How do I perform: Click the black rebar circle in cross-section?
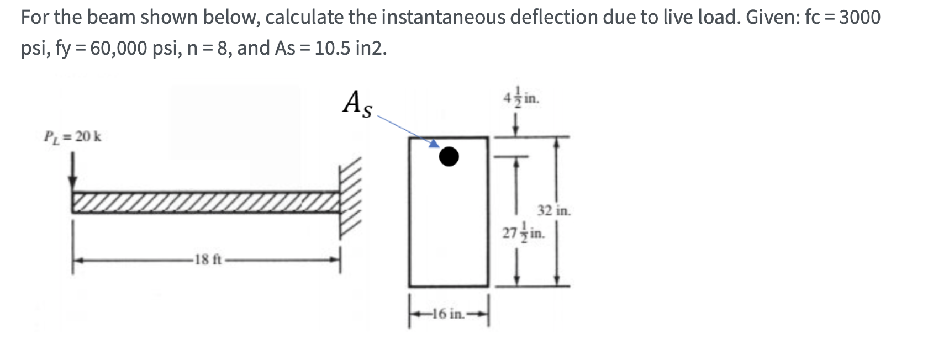click(x=449, y=157)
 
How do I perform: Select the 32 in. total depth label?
click(x=553, y=210)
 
